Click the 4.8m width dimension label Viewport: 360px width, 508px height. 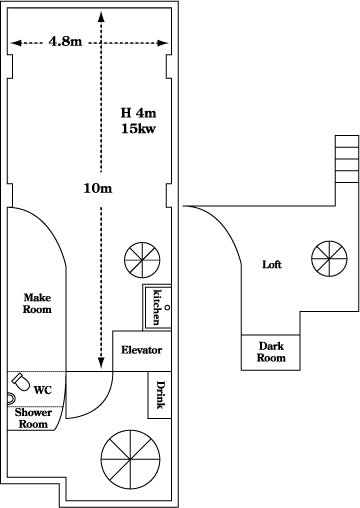pyautogui.click(x=65, y=41)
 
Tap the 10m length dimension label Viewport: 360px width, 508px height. pyautogui.click(x=98, y=188)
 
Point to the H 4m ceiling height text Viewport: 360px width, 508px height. pyautogui.click(x=138, y=113)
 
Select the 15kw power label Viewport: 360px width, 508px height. pyautogui.click(x=138, y=128)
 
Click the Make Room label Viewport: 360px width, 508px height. pyautogui.click(x=37, y=303)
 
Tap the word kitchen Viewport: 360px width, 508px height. pyautogui.click(x=157, y=307)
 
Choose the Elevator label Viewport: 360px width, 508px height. pyautogui.click(x=141, y=350)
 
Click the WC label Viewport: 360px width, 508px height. pyautogui.click(x=43, y=390)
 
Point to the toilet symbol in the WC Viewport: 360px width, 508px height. pyautogui.click(x=21, y=382)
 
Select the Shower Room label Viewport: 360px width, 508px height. pyautogui.click(x=33, y=418)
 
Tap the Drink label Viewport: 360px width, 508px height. pyautogui.click(x=160, y=395)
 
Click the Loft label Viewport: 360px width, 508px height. pyautogui.click(x=272, y=265)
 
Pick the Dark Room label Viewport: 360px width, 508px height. pyautogui.click(x=271, y=352)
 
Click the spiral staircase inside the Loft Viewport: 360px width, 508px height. pyautogui.click(x=329, y=258)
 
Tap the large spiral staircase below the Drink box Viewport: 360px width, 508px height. pyautogui.click(x=130, y=460)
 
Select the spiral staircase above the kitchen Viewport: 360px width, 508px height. pyautogui.click(x=142, y=260)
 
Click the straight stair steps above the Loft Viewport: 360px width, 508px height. pyautogui.click(x=347, y=159)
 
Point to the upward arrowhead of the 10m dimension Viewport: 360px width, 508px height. pyautogui.click(x=101, y=16)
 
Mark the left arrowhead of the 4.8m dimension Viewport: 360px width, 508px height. pyautogui.click(x=16, y=43)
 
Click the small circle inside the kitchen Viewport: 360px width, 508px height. pyautogui.click(x=167, y=307)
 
